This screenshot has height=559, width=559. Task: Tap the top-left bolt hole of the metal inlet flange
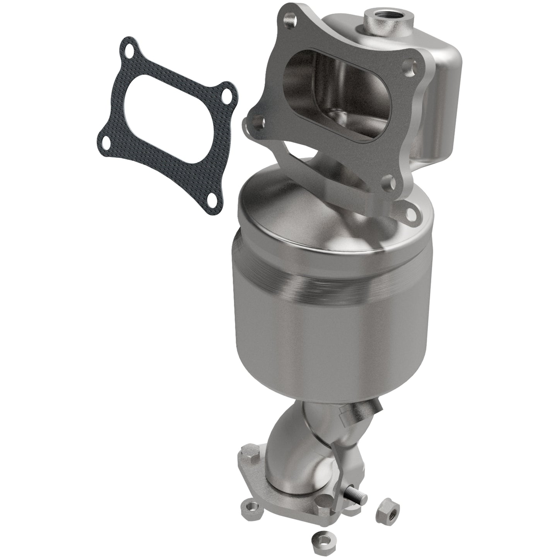(288, 18)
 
